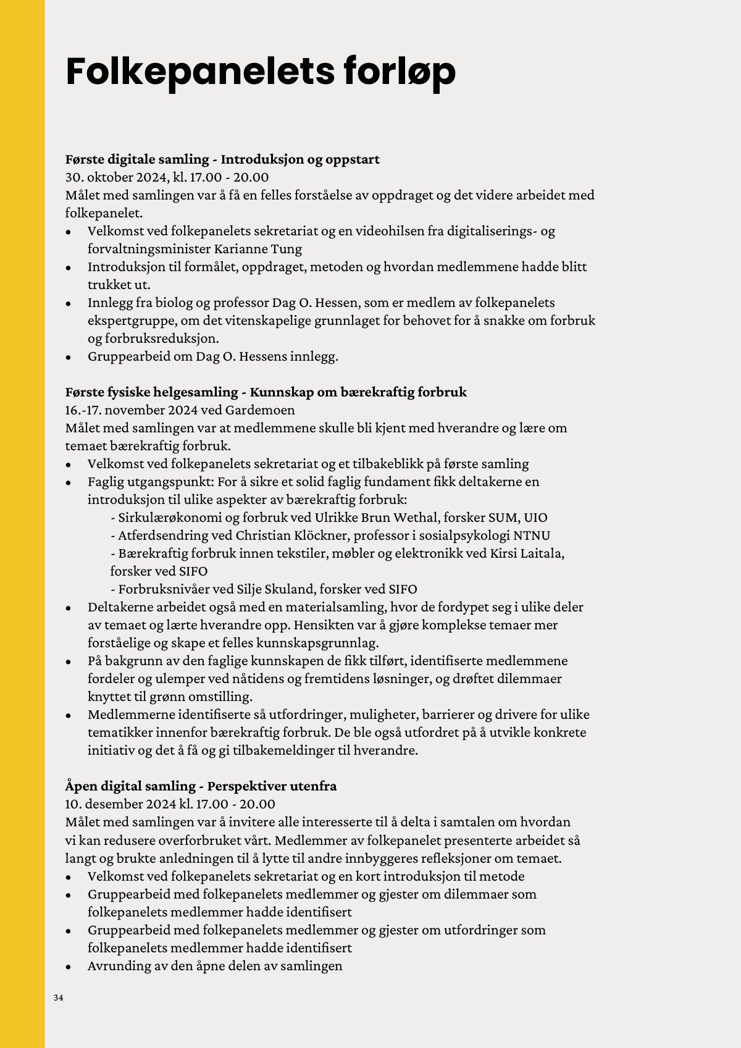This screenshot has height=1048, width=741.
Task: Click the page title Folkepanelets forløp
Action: click(260, 72)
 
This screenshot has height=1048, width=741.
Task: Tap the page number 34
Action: click(59, 998)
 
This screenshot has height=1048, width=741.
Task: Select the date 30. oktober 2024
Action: click(116, 177)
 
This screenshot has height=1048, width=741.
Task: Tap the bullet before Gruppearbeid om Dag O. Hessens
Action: click(69, 358)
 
